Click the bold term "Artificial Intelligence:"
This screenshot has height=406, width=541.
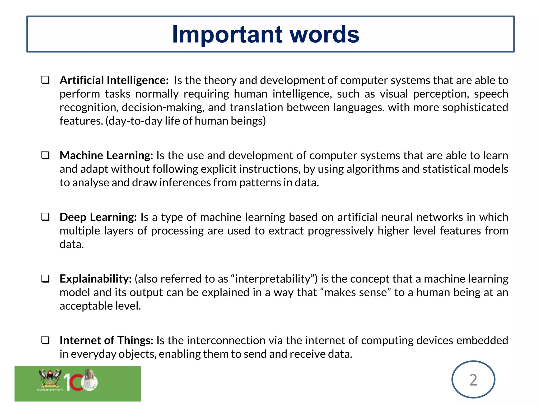pyautogui.click(x=114, y=80)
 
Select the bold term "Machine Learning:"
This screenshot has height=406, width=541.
pyautogui.click(x=106, y=155)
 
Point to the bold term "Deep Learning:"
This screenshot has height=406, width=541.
pyautogui.click(x=98, y=217)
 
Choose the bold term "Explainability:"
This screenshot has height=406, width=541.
pyautogui.click(x=96, y=279)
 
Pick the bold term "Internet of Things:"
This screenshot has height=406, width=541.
pyautogui.click(x=106, y=340)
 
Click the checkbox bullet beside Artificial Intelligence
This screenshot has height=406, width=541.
pyautogui.click(x=45, y=80)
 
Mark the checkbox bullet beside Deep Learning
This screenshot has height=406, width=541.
pyautogui.click(x=45, y=217)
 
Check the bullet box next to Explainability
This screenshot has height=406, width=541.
pyautogui.click(x=45, y=279)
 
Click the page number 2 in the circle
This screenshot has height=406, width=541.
pyautogui.click(x=473, y=380)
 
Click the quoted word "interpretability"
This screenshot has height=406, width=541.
pyautogui.click(x=273, y=279)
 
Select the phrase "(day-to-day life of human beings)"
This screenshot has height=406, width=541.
pyautogui.click(x=185, y=121)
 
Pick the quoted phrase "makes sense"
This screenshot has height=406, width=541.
pyautogui.click(x=355, y=293)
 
